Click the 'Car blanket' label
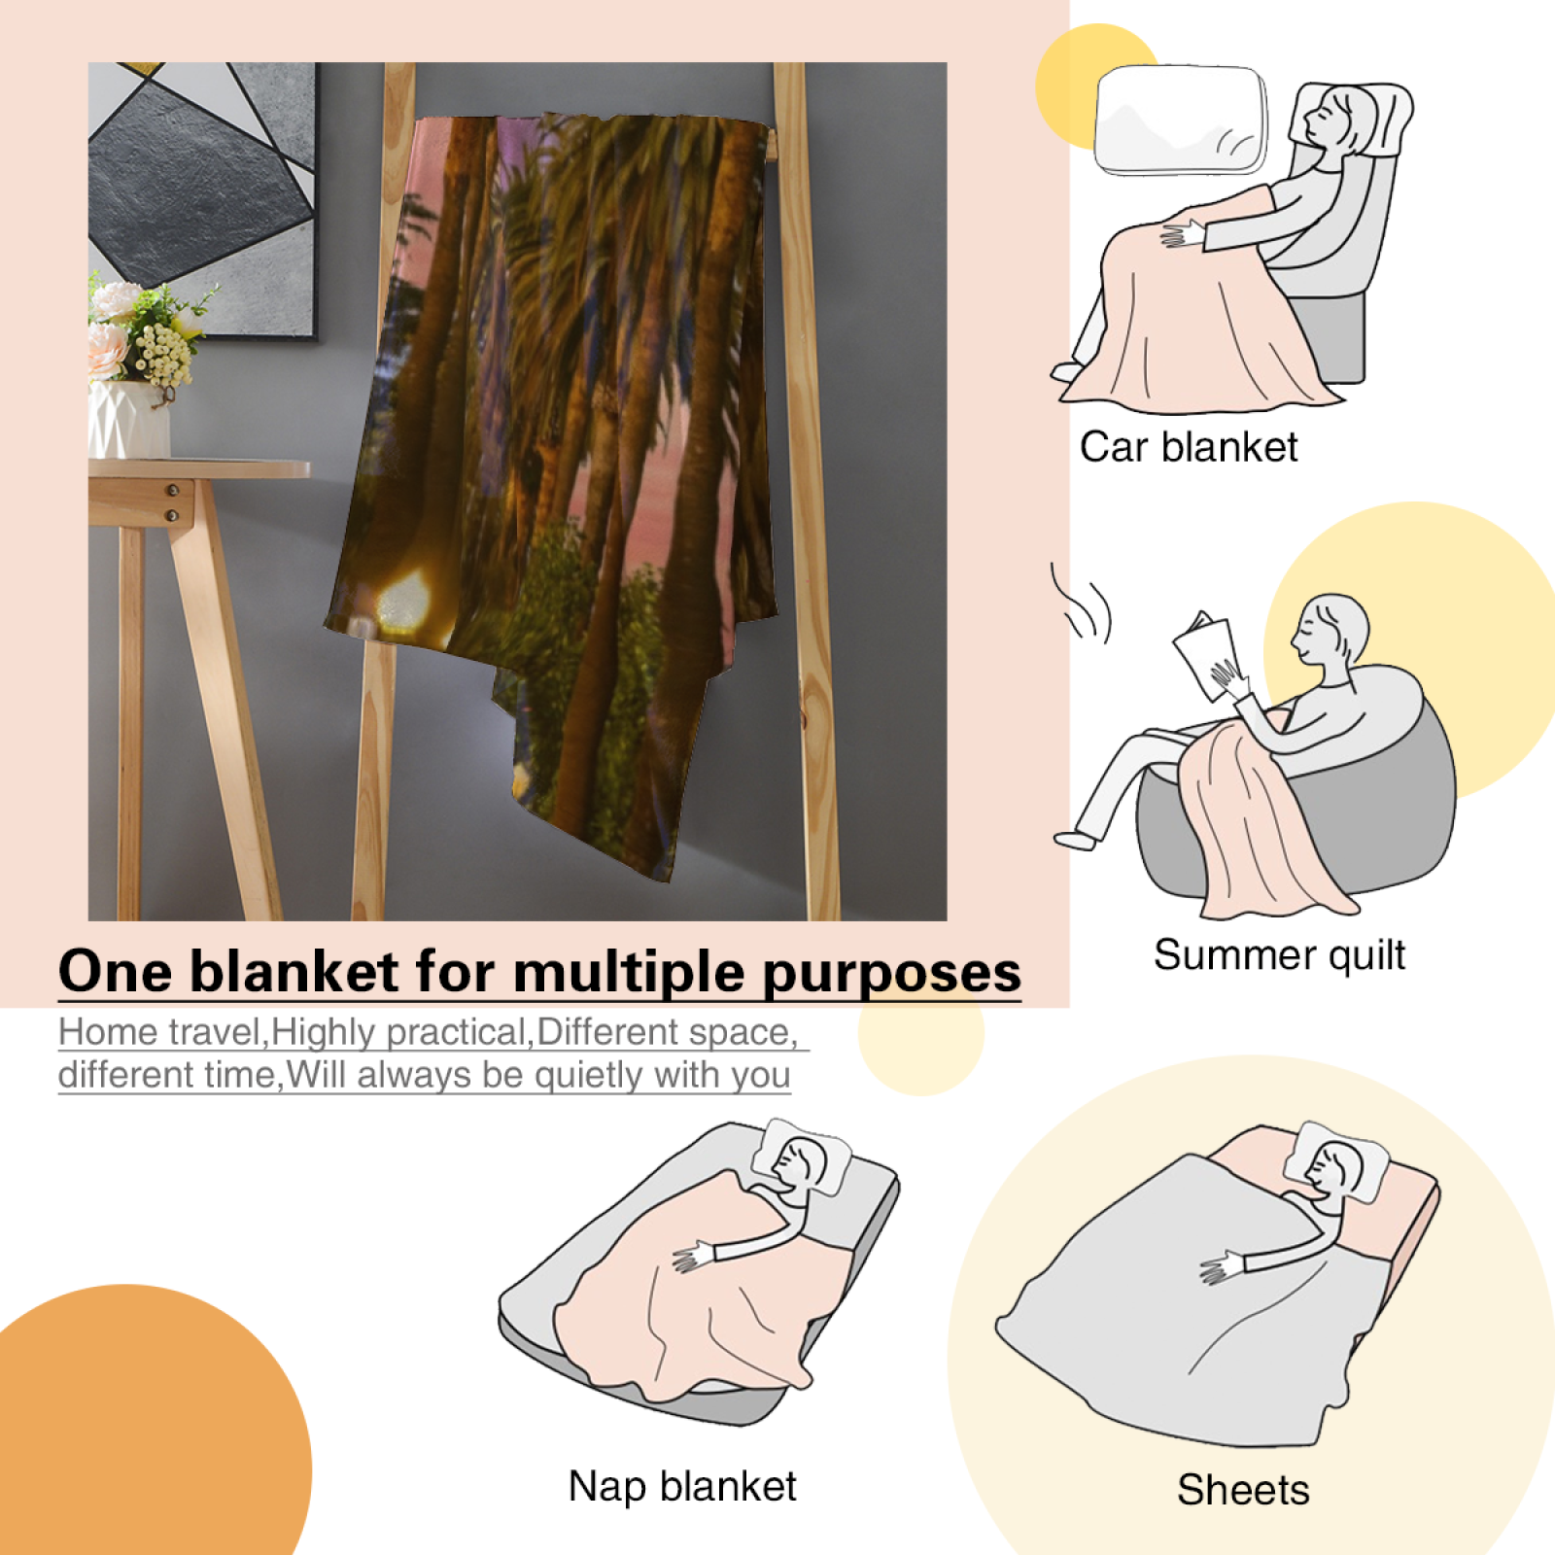(x=1189, y=447)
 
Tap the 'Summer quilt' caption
(x=1279, y=955)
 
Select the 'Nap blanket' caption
(x=682, y=1486)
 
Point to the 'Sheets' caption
(x=1243, y=1490)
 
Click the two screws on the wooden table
(x=172, y=502)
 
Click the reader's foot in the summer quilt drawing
(x=1075, y=839)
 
